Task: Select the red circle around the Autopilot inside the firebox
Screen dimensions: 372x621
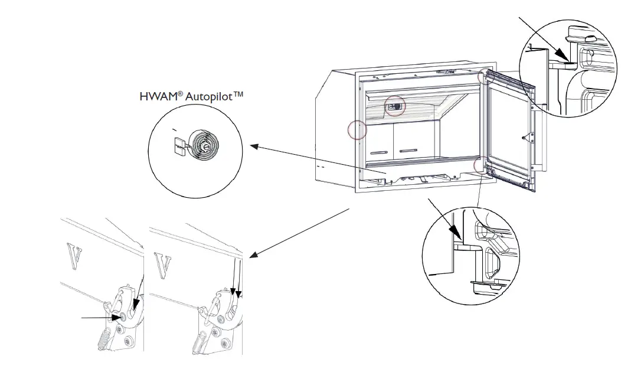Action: pos(395,106)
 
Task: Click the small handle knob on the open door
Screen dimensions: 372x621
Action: pos(524,136)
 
